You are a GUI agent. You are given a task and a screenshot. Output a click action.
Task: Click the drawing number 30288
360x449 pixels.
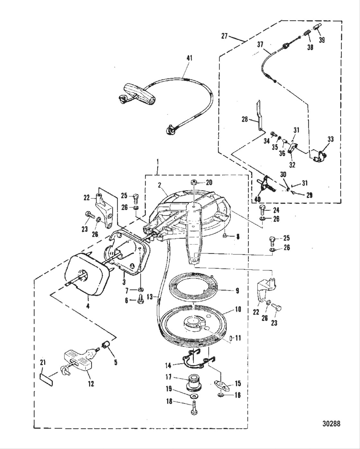coord(331,423)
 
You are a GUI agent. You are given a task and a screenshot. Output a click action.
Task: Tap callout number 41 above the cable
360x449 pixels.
coord(190,58)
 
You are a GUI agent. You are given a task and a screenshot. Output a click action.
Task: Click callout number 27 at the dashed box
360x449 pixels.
coord(224,36)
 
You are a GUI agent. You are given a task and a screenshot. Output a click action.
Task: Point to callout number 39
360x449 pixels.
coord(322,40)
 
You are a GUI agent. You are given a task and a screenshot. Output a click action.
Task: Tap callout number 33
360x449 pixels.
coord(331,139)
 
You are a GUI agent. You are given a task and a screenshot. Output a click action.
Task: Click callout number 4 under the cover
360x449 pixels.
coord(88,306)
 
